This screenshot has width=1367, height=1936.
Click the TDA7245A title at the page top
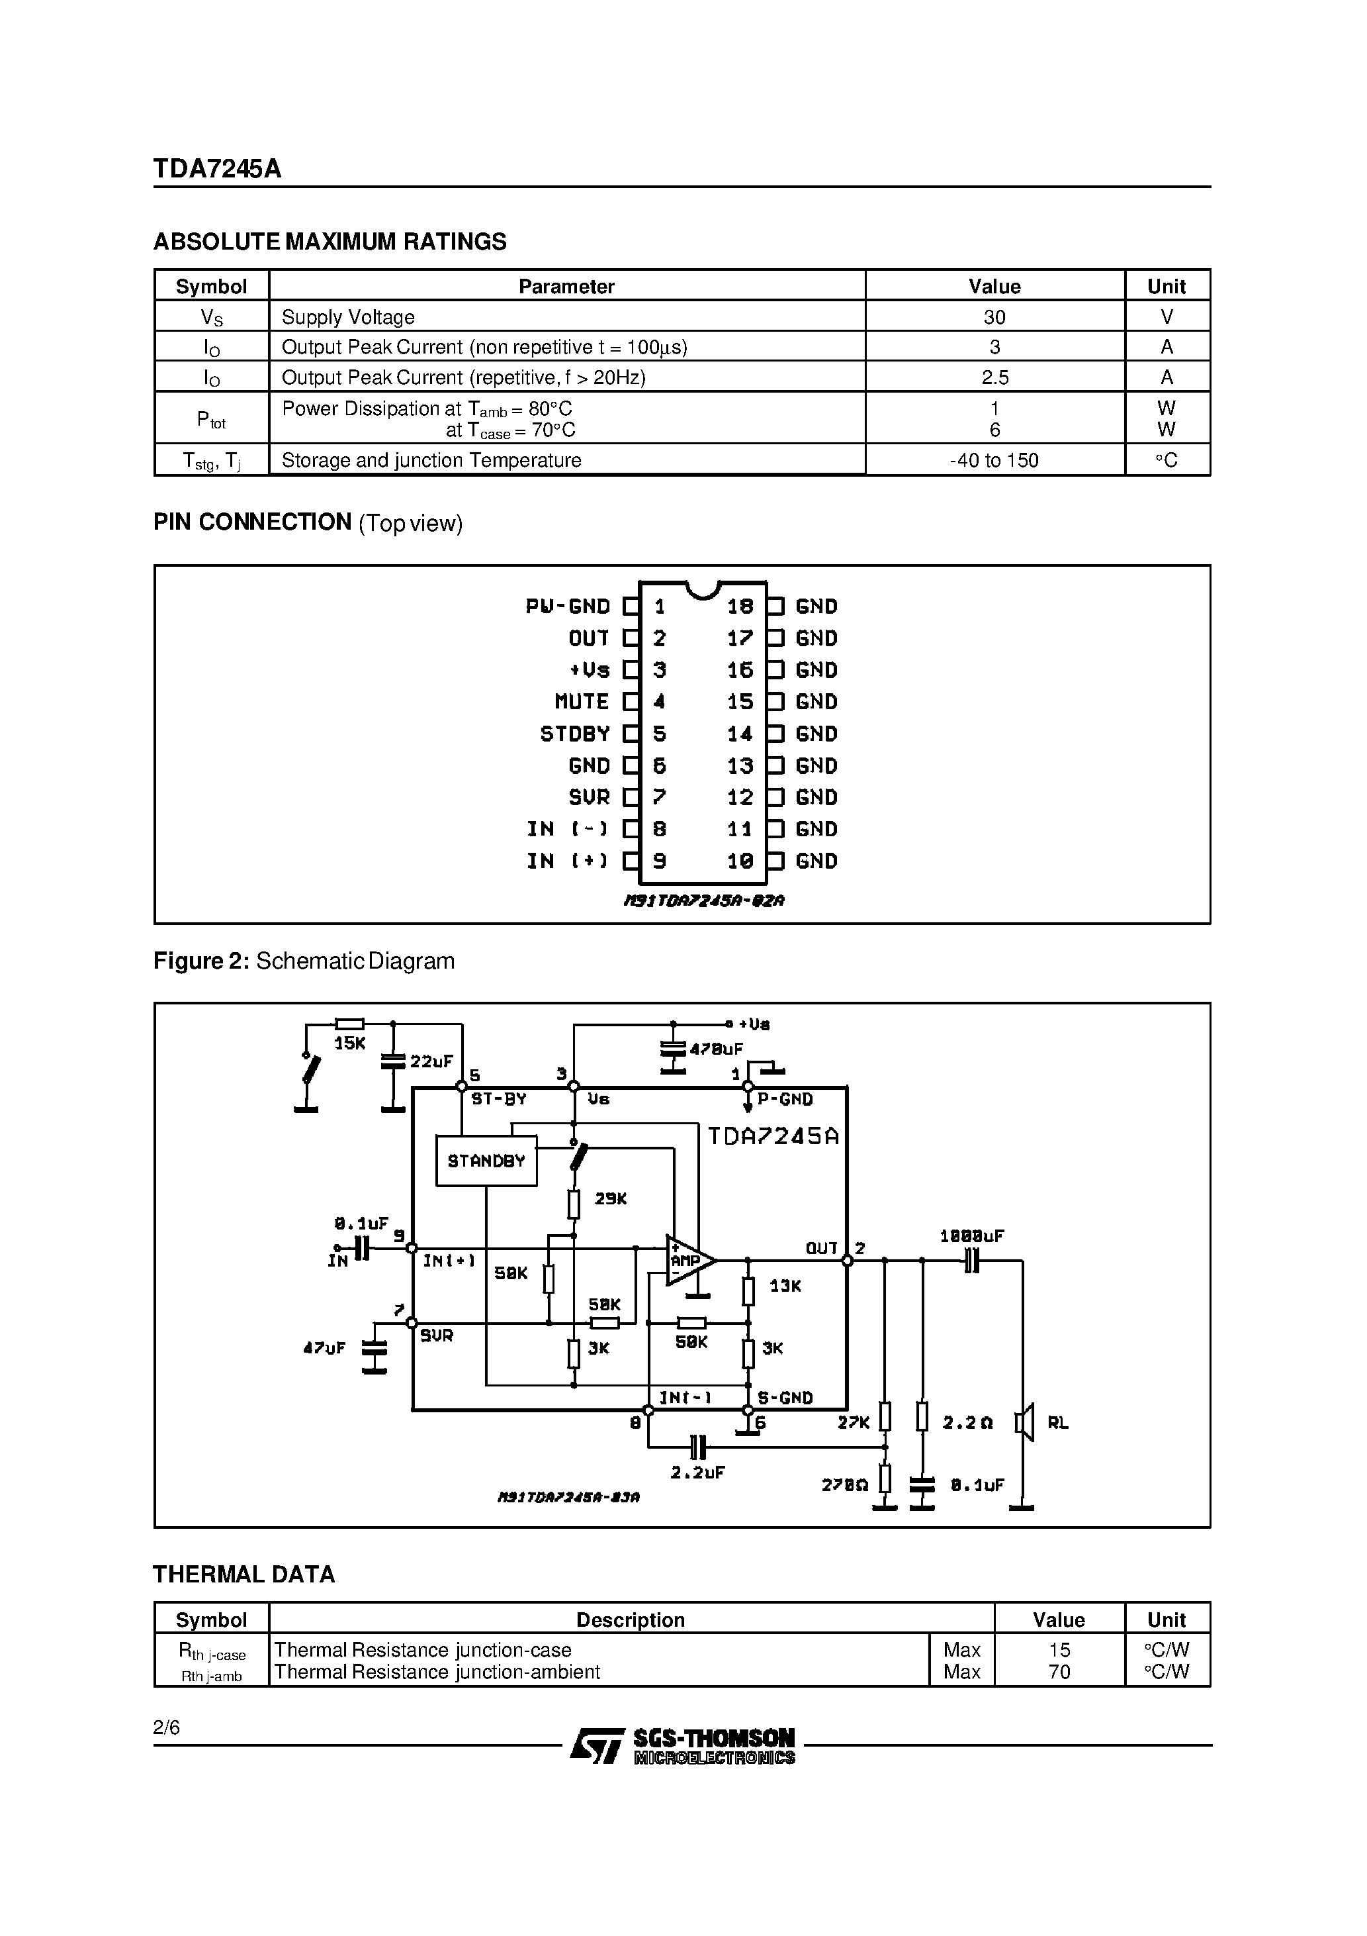(x=218, y=169)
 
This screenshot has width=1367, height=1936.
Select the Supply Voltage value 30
(x=994, y=317)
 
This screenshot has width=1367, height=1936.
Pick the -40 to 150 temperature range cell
(x=994, y=460)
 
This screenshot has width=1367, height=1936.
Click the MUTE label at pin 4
(x=582, y=702)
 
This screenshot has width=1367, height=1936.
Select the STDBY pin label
(x=575, y=734)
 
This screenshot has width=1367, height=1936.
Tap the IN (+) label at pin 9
(x=567, y=861)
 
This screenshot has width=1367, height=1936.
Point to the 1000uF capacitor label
(x=972, y=1236)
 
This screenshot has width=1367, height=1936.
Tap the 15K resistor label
(x=350, y=1043)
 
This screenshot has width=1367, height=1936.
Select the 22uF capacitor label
(x=431, y=1061)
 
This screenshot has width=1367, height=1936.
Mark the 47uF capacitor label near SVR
(x=324, y=1348)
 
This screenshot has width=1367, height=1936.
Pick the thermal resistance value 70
(x=1059, y=1671)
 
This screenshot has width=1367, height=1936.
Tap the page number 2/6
(x=167, y=1727)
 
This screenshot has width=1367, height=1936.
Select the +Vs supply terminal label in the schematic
(x=754, y=1024)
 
